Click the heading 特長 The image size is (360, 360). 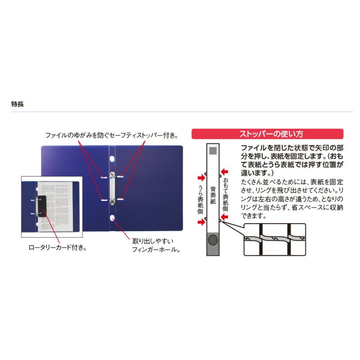point(18,104)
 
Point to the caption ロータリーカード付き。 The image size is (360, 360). point(58,248)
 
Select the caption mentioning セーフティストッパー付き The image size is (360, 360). point(111,136)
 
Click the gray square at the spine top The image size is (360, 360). point(214,151)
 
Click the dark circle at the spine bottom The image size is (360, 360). point(214,240)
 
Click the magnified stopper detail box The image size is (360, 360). point(274,239)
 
